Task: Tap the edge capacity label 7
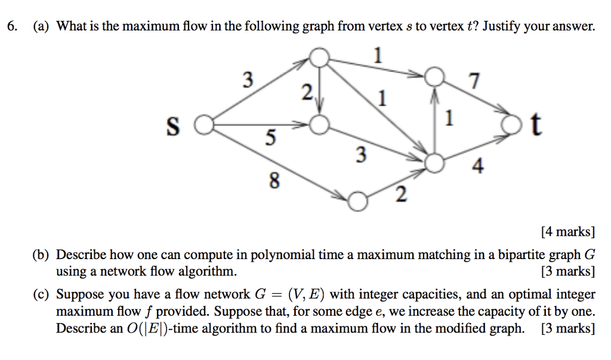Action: point(475,82)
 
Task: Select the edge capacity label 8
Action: point(273,180)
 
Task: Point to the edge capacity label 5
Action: point(270,139)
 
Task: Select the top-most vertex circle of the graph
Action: point(320,57)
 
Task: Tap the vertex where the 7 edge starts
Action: point(436,78)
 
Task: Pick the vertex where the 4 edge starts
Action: point(436,162)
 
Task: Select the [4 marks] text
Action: point(567,231)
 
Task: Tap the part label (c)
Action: point(41,294)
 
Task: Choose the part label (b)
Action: point(41,255)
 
